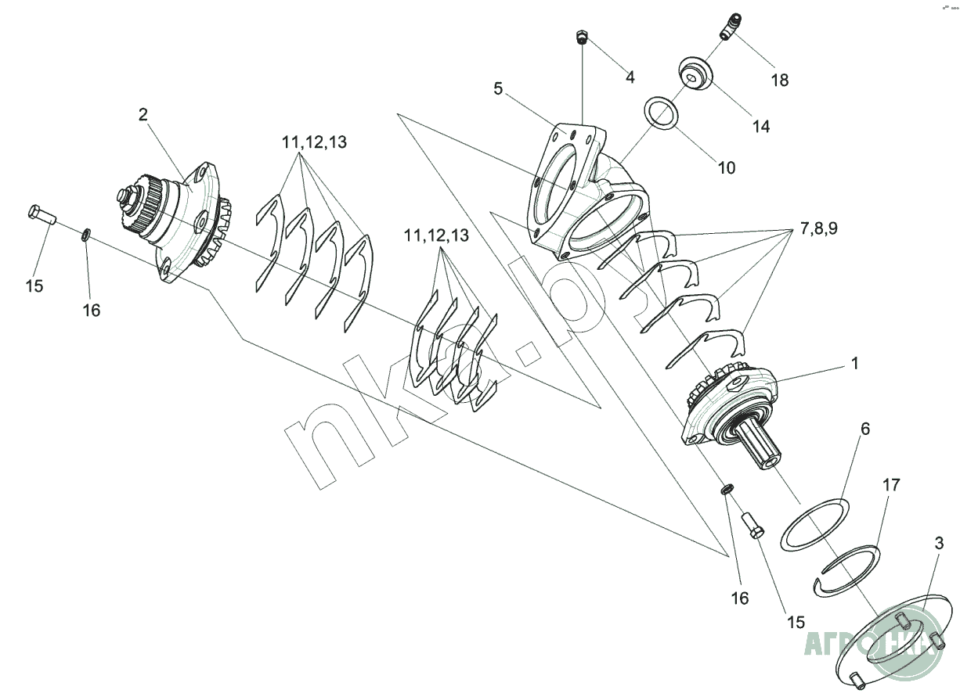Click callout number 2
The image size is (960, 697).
tap(143, 114)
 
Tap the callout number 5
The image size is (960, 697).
tap(498, 88)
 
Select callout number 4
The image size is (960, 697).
tap(630, 77)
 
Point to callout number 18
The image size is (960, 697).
tap(779, 80)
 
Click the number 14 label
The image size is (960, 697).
tap(761, 126)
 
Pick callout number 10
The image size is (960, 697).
tap(727, 167)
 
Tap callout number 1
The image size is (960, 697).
tap(855, 364)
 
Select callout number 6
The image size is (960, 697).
tap(865, 429)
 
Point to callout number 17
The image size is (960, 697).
tap(890, 485)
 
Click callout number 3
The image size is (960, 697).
tap(938, 542)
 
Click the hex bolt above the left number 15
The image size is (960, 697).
tap(40, 214)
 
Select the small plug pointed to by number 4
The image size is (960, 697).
tap(582, 36)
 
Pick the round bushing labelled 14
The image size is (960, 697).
tap(694, 74)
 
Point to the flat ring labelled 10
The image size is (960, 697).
tap(662, 115)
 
